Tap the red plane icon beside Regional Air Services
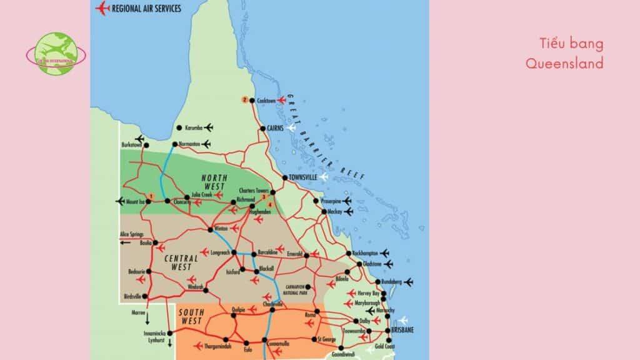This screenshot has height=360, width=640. pyautogui.click(x=101, y=8)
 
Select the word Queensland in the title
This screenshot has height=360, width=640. pyautogui.click(x=564, y=63)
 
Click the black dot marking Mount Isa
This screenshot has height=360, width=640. pyautogui.click(x=149, y=201)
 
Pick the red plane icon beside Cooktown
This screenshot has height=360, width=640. pyautogui.click(x=281, y=99)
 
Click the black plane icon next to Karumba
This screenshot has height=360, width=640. pyautogui.click(x=208, y=128)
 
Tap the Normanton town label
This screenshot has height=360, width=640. pyautogui.click(x=189, y=144)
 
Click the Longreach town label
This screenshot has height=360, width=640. pyautogui.click(x=221, y=252)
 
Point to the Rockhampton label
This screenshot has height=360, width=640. pyautogui.click(x=365, y=253)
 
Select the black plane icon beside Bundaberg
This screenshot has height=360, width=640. pyautogui.click(x=409, y=282)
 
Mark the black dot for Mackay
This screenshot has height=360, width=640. pyautogui.click(x=324, y=212)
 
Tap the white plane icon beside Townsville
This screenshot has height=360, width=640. pyautogui.click(x=323, y=177)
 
